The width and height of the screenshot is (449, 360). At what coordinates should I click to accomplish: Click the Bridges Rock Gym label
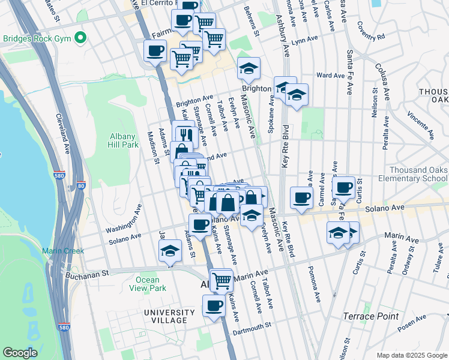(x=37, y=38)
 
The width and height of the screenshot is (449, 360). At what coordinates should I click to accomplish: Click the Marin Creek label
(x=62, y=251)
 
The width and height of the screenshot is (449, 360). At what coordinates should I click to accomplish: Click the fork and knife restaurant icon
(x=184, y=133)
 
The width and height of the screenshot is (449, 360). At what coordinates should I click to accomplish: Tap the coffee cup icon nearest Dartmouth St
(x=214, y=306)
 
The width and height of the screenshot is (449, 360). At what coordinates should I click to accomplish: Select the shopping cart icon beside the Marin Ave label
(x=221, y=279)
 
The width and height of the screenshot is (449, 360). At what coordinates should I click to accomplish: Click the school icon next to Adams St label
(x=170, y=251)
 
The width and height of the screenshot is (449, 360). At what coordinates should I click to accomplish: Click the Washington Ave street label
(x=123, y=220)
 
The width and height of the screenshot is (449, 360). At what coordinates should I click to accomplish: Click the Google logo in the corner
(x=20, y=353)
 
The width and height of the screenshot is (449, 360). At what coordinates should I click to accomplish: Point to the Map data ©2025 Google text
(x=411, y=355)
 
